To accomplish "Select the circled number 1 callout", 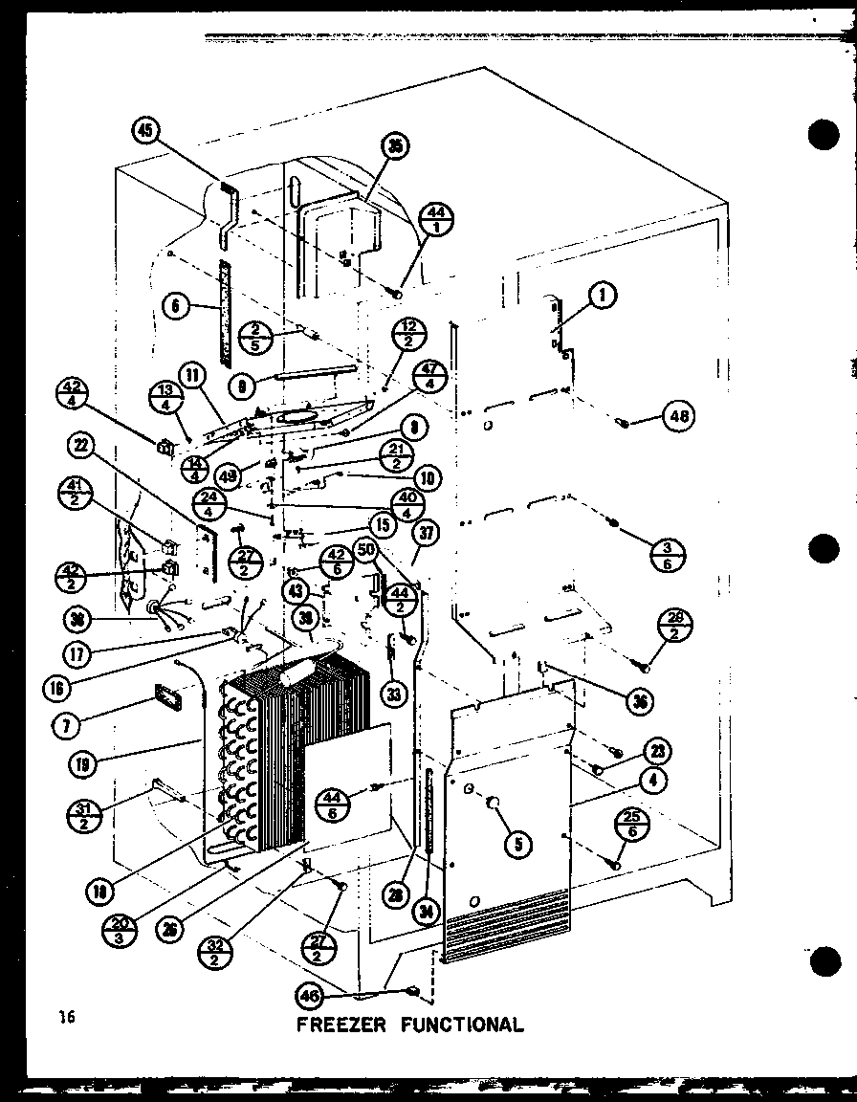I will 602,298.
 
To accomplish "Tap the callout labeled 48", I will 677,416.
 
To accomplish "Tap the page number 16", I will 65,1018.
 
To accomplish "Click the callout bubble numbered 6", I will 175,307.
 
